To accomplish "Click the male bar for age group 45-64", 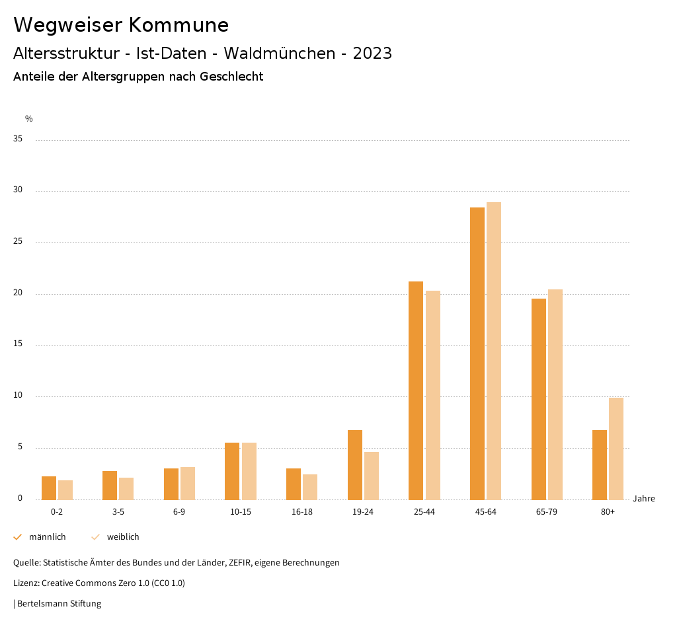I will tap(477, 353).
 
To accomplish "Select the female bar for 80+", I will tap(616, 449).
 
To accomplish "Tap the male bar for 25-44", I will tap(416, 390).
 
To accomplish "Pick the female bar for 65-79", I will tap(555, 394).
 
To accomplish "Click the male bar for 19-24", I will tap(355, 465).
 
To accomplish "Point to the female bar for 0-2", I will tap(65, 490).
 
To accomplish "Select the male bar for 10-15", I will tap(232, 471).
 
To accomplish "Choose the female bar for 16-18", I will tap(310, 487).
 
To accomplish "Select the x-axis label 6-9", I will tap(179, 512).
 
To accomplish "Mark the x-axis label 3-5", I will tap(118, 512).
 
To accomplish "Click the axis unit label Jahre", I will tap(643, 499).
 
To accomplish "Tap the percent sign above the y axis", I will tap(28, 119).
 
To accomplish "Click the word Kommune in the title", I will tap(178, 25).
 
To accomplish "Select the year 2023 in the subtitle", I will tap(372, 54).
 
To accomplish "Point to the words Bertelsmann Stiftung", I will tap(59, 604).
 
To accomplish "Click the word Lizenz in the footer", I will tap(26, 583).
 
